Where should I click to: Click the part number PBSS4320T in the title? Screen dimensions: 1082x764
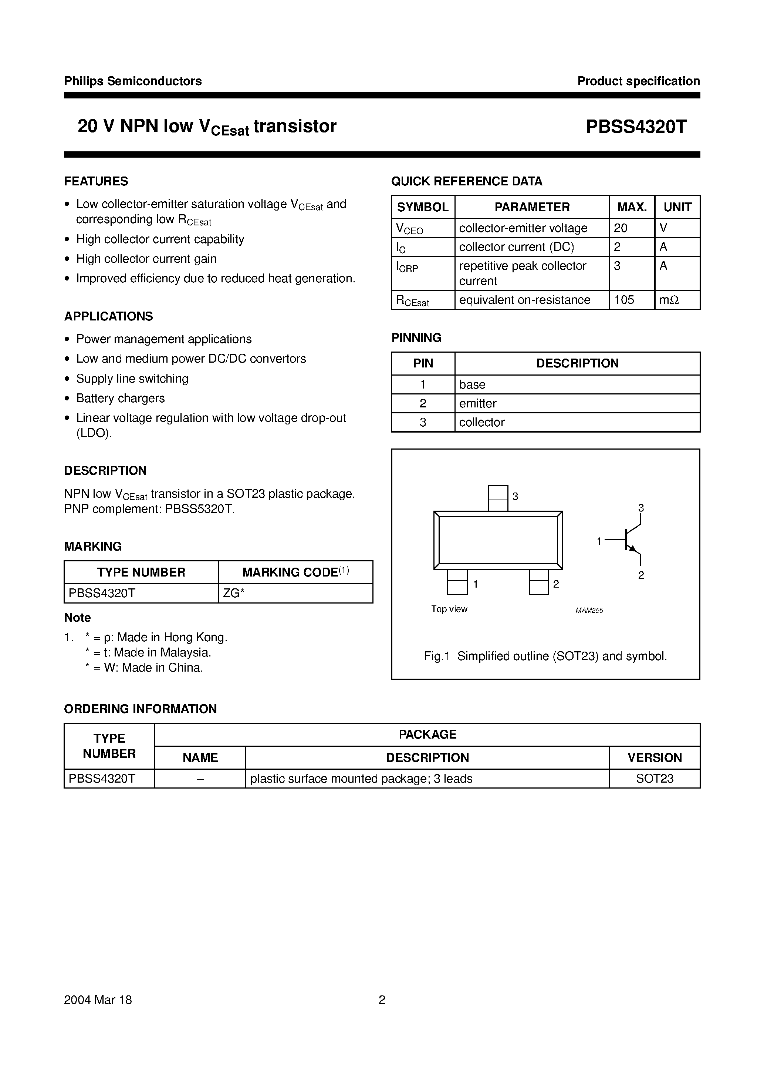(636, 126)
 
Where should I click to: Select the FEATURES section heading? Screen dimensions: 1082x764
(96, 181)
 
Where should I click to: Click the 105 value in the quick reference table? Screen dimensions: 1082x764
(624, 300)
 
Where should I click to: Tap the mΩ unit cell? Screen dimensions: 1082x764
(669, 300)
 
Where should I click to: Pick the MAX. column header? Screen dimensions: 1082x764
(632, 207)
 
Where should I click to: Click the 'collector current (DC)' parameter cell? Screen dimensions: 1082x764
(516, 247)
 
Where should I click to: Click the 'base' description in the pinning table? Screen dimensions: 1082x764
(472, 384)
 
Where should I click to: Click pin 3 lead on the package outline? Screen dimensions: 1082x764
(498, 498)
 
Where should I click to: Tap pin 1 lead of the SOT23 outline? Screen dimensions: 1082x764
(457, 582)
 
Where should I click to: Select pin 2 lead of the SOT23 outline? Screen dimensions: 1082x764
(539, 582)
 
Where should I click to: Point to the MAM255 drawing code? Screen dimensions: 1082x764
(589, 610)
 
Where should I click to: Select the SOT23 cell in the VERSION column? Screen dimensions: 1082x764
(654, 779)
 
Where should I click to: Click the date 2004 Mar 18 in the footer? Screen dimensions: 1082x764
(98, 999)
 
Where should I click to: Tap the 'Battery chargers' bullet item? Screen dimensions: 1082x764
(121, 398)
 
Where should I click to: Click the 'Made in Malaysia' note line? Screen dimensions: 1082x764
(148, 652)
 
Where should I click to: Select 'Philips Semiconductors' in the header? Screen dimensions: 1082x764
(133, 81)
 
